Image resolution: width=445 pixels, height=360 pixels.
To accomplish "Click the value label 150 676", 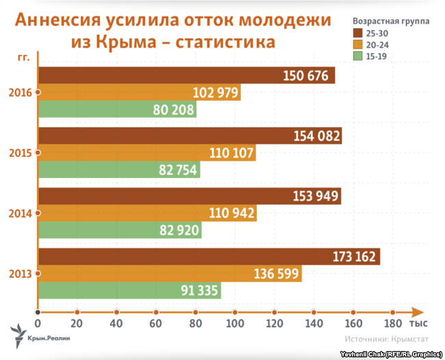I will click(307, 76).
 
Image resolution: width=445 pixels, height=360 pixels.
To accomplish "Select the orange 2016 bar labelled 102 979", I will click(137, 93).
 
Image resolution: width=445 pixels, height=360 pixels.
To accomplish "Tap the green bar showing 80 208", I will click(116, 110).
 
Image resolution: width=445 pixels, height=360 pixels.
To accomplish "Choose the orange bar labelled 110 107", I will click(147, 153).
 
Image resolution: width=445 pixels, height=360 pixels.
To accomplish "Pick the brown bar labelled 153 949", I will click(189, 197).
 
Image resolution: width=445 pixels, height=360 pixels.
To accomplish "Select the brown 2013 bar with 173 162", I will click(209, 257).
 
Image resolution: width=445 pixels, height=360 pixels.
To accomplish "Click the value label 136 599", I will click(275, 274).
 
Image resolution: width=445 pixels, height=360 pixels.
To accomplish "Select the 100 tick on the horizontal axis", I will click(235, 322).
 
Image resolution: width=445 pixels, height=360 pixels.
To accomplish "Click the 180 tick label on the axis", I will click(392, 322).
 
